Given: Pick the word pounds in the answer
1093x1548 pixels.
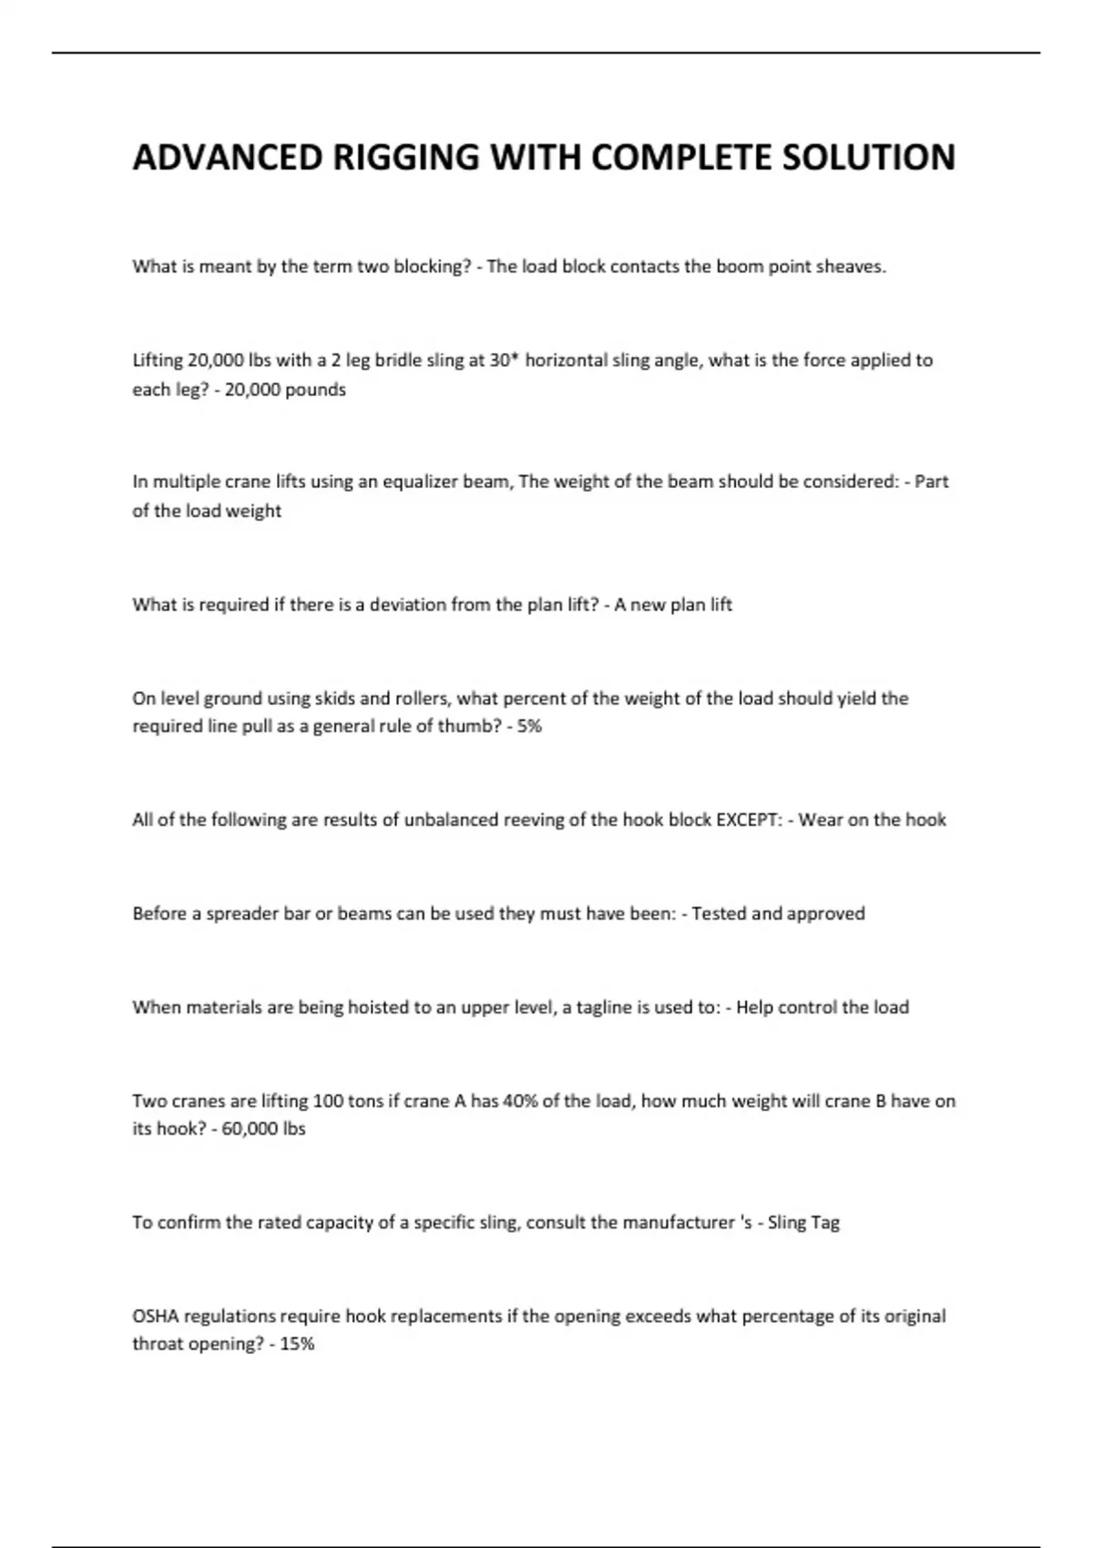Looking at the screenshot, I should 316,390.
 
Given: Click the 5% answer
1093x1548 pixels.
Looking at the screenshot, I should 529,727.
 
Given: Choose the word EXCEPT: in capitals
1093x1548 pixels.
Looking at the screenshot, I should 749,820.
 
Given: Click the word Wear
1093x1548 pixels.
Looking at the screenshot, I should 820,820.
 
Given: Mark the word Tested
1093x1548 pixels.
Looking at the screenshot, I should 721,913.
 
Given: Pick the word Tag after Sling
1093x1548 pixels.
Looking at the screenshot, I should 824,1223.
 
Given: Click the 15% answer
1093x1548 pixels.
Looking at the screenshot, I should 297,1344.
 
